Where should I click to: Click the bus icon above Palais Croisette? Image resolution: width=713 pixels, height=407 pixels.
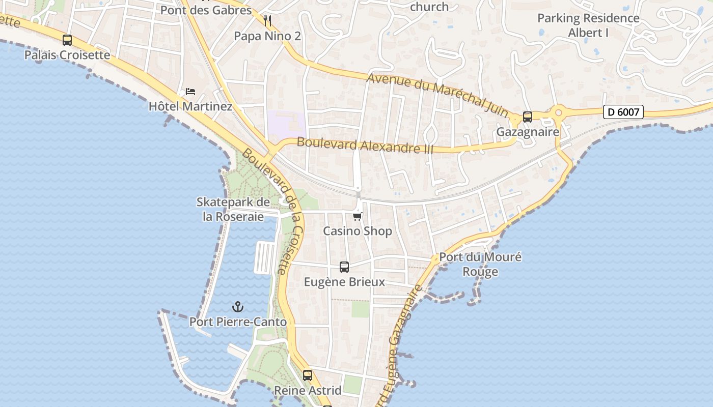click(67, 40)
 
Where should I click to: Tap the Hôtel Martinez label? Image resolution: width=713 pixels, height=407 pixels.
click(190, 106)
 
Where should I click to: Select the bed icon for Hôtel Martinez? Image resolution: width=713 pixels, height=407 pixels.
click(190, 92)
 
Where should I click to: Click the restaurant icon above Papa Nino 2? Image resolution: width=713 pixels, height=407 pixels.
click(267, 21)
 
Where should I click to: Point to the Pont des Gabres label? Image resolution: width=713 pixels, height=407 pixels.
click(206, 10)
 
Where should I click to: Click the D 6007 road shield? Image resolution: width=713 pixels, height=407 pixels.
click(623, 112)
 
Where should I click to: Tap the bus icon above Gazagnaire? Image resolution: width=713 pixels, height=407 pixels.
click(528, 117)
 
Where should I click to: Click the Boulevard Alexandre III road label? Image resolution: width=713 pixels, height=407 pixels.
click(365, 145)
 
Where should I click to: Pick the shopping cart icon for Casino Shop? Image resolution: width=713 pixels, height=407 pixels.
click(358, 217)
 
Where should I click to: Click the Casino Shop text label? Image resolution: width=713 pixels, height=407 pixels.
click(358, 231)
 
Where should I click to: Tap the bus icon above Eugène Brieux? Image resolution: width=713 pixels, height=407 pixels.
click(344, 267)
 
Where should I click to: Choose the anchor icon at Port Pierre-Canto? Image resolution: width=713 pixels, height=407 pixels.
click(237, 307)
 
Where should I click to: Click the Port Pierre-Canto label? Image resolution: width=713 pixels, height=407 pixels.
click(238, 322)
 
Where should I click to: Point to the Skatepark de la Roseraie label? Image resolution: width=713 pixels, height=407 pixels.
click(233, 209)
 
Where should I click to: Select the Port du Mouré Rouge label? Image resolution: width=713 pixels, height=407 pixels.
click(480, 264)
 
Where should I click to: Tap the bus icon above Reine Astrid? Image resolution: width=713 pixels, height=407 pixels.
click(308, 375)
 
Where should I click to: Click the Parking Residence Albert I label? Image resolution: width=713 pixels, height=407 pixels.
click(588, 25)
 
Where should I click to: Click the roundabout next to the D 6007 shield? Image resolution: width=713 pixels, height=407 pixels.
click(559, 111)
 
